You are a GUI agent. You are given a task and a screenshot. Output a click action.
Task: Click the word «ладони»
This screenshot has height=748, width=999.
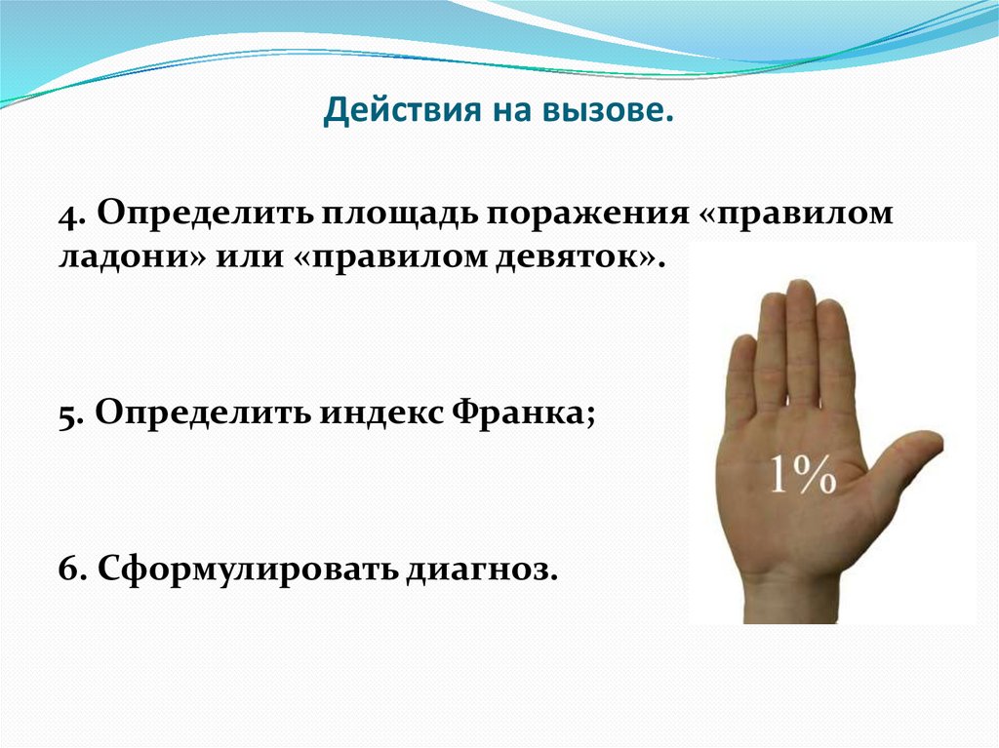pyautogui.click(x=123, y=259)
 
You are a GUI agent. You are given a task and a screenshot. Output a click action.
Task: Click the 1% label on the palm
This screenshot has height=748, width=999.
pyautogui.click(x=803, y=475)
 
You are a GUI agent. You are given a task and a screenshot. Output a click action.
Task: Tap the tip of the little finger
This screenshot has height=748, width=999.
pyautogui.click(x=743, y=348)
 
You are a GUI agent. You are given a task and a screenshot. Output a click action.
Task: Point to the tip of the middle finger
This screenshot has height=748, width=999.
pyautogui.click(x=801, y=290)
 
